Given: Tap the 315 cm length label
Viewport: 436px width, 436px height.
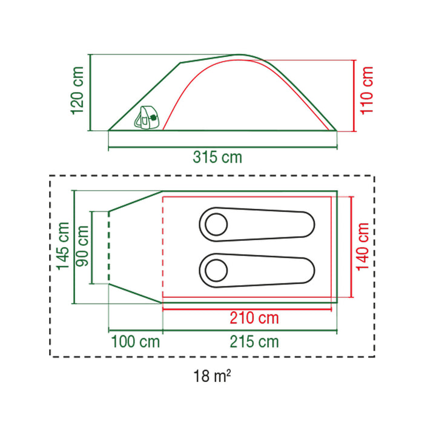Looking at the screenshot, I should coord(217,157).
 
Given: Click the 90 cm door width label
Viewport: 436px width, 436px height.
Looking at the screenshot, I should coord(83,246).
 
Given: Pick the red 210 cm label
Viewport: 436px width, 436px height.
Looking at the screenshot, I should coord(254,318).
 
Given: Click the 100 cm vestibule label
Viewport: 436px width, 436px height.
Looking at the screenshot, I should coord(136,342).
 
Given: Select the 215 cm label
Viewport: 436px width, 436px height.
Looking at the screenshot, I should coord(254,342).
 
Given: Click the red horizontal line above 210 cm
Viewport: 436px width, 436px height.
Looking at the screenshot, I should coord(248,309).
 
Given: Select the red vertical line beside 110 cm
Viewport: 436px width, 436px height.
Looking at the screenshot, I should coord(353,95).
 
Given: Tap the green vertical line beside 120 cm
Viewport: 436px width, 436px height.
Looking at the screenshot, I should coord(90,93).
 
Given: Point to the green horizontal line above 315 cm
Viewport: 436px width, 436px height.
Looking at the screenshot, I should coord(222,146).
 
